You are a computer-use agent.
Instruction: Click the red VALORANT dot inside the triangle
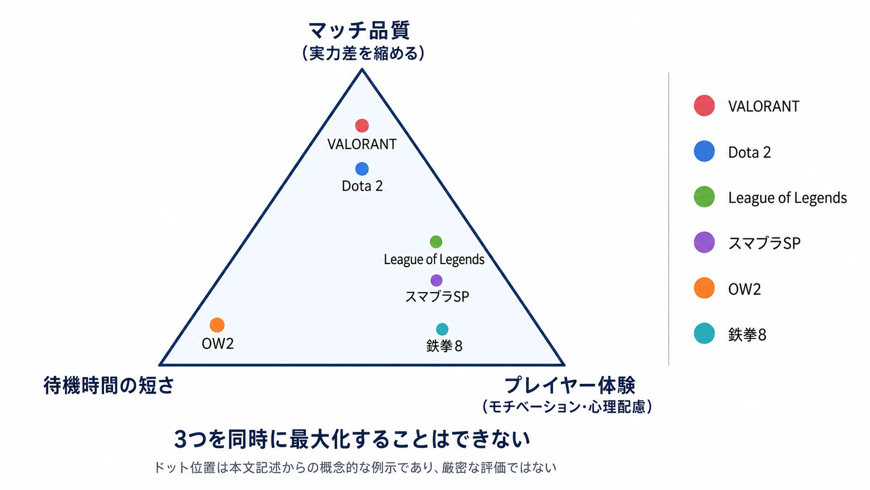tap(362, 125)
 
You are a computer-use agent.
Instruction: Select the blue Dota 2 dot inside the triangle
tap(362, 169)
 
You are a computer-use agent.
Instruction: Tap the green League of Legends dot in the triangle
tap(436, 242)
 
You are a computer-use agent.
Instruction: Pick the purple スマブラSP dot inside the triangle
tap(437, 280)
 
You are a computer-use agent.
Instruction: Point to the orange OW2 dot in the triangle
tap(217, 325)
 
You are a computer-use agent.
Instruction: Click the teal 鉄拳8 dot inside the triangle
tap(442, 330)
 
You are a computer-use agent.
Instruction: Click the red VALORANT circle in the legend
tap(704, 105)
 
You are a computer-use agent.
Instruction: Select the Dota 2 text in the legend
tap(749, 153)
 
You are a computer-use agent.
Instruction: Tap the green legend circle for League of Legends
tap(704, 197)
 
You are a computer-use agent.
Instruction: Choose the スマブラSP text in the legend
tap(764, 243)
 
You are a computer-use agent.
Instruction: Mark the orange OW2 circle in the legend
tap(704, 288)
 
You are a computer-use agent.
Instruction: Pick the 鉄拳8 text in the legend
tap(747, 335)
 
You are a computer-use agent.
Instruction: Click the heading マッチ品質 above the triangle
tap(360, 30)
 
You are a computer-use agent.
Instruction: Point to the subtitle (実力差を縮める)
tap(363, 53)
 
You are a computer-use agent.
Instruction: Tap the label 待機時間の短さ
tap(109, 385)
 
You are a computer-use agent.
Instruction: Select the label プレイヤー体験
tap(569, 385)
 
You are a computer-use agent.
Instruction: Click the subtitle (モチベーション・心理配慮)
tap(567, 407)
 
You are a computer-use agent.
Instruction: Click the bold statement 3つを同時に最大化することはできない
tap(352, 439)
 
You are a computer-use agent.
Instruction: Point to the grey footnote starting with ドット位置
tap(355, 468)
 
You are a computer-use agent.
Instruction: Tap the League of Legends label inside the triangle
tap(434, 259)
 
